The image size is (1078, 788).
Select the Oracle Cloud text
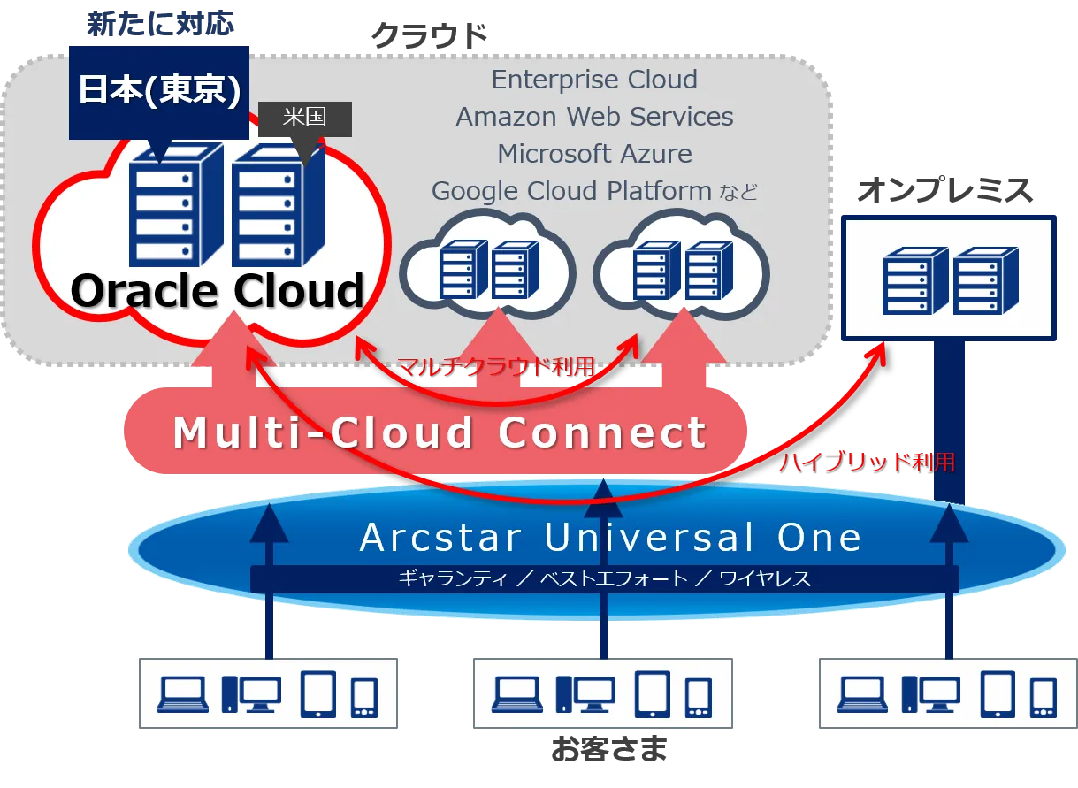click(218, 290)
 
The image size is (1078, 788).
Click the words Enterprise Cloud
click(594, 80)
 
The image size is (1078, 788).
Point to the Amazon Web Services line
click(594, 117)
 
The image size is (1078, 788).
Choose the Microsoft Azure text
click(594, 154)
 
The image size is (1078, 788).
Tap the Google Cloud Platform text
click(571, 191)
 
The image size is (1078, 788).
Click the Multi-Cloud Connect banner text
click(440, 433)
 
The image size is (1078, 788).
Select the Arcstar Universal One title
click(610, 538)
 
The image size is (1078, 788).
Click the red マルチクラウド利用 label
click(495, 367)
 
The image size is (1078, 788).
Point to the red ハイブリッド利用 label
click(867, 462)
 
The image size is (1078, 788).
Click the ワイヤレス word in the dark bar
click(764, 579)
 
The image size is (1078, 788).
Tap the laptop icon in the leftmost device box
click(182, 694)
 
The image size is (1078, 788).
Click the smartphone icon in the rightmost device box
click(1044, 697)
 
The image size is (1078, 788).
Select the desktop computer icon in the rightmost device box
click(930, 694)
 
